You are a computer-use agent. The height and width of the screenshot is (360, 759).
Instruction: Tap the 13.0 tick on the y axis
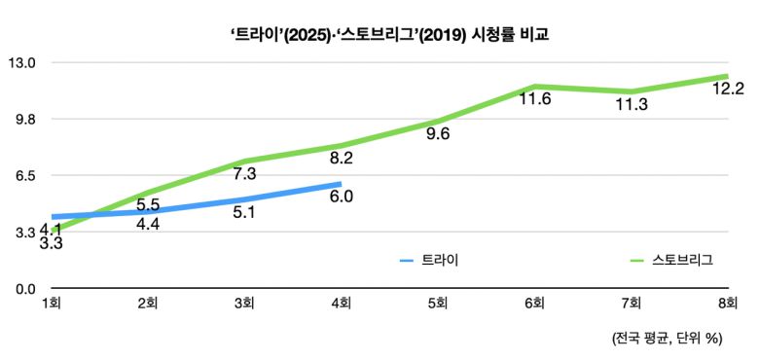pyautogui.click(x=22, y=63)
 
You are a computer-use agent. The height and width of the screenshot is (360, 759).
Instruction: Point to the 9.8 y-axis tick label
pyautogui.click(x=22, y=120)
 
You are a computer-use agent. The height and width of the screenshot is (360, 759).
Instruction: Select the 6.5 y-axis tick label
pyautogui.click(x=22, y=176)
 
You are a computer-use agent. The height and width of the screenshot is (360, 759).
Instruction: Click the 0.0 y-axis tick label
pyautogui.click(x=22, y=289)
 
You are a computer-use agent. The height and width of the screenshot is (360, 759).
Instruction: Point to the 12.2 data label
pyautogui.click(x=728, y=90)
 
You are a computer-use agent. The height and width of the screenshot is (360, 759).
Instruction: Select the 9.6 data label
pyautogui.click(x=438, y=134)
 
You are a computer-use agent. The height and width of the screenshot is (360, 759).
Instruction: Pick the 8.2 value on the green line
pyautogui.click(x=341, y=158)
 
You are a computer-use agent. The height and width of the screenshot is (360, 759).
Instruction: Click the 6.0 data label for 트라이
pyautogui.click(x=341, y=197)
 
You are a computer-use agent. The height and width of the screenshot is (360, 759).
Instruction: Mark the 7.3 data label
pyautogui.click(x=244, y=174)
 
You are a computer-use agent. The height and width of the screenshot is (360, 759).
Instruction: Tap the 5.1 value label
pyautogui.click(x=244, y=212)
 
